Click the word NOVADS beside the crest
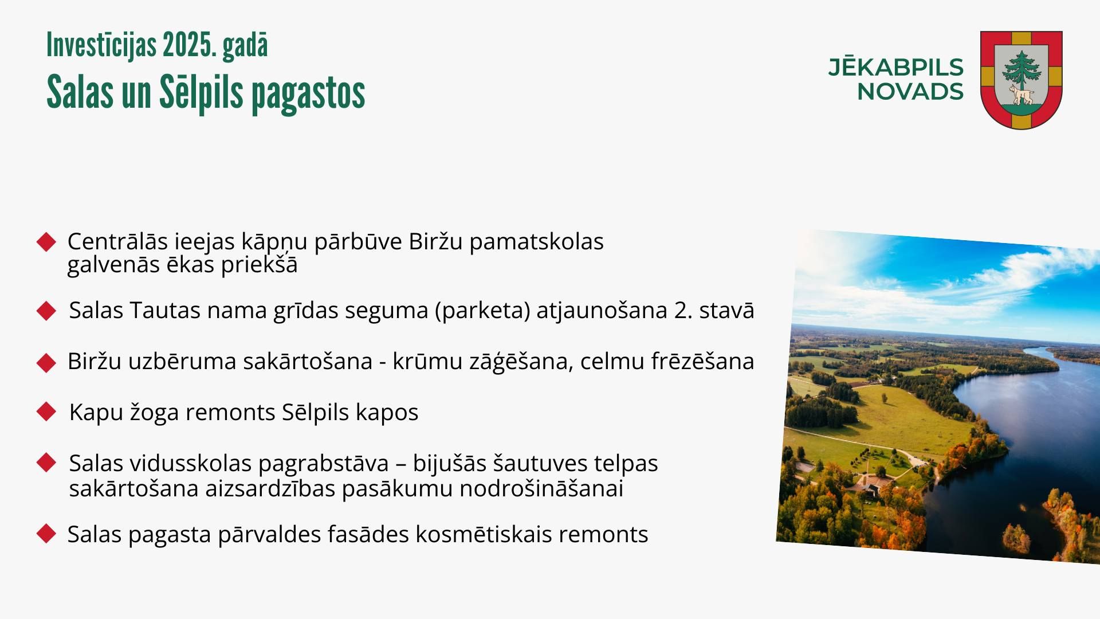[910, 92]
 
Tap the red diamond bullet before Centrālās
[46, 242]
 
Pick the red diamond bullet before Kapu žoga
[46, 412]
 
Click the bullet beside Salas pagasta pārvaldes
[46, 534]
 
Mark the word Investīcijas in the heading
[101, 45]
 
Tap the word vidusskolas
[191, 463]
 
